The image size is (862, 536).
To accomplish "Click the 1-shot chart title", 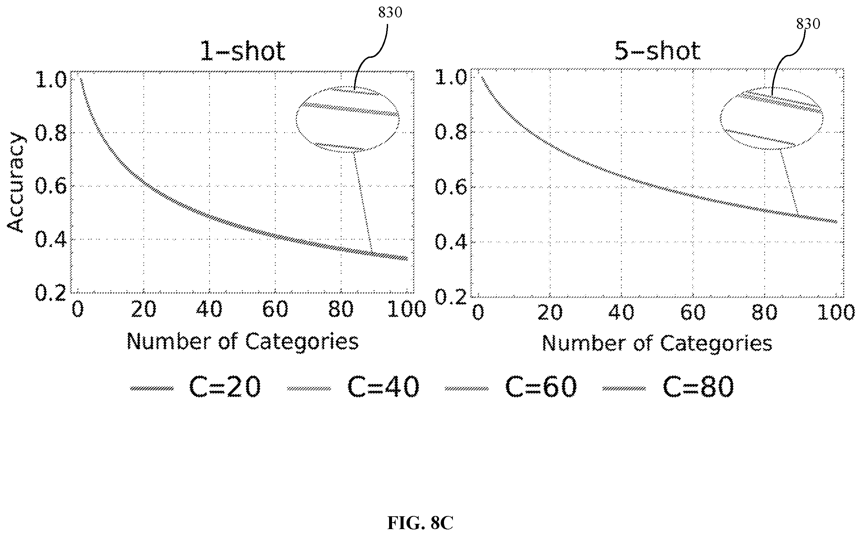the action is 243,51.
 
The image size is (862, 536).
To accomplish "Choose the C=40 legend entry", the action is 353,387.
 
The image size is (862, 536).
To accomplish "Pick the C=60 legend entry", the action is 511,387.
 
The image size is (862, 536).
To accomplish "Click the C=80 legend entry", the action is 668,387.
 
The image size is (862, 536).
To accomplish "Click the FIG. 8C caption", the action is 420,523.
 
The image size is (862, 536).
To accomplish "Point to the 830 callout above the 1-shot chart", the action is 390,12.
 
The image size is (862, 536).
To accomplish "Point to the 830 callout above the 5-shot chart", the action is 808,24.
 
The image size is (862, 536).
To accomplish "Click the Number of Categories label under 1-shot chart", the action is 243,342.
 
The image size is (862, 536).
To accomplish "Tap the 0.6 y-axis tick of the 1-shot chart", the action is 51,186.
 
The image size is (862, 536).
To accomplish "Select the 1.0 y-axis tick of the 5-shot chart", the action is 451,77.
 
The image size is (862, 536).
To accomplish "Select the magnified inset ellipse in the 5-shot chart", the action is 721,118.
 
